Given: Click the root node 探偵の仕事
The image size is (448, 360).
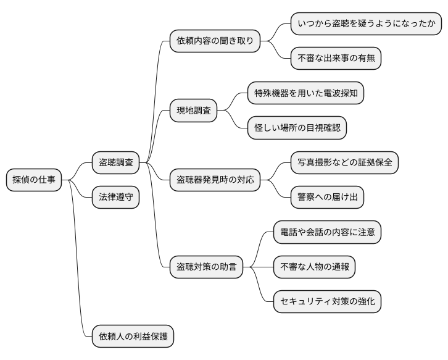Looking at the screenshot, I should (34, 180).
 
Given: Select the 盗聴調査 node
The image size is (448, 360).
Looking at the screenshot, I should (115, 162).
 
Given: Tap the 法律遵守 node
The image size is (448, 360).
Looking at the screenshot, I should (115, 198).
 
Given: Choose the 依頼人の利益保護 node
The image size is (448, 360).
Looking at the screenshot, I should (133, 337).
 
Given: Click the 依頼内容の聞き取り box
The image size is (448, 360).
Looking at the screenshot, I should (215, 41).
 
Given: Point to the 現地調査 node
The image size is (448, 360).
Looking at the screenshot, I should (193, 111).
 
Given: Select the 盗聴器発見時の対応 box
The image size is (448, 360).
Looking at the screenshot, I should (215, 180).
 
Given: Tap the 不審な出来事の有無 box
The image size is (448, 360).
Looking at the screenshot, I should (336, 59).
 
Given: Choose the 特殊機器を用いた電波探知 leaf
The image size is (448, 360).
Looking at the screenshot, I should (305, 93).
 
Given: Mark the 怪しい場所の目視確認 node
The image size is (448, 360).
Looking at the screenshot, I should (297, 128).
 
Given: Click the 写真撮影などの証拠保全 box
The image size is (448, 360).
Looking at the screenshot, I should (345, 163).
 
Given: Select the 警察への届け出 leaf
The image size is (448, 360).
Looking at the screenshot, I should (328, 198).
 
